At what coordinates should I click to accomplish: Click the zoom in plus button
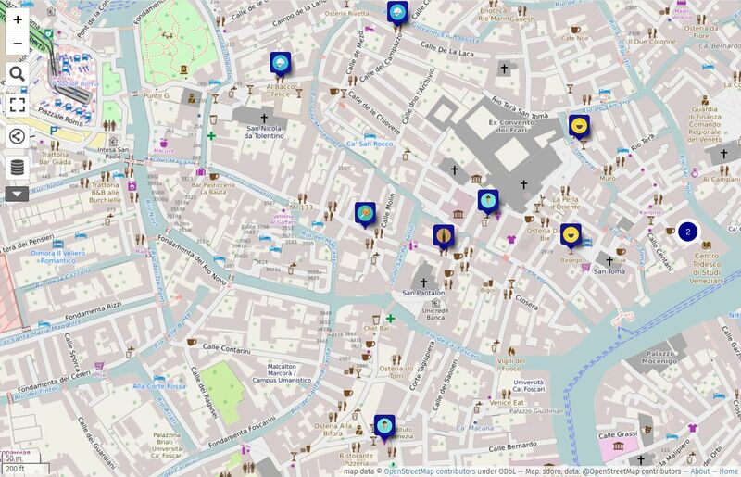[18, 19]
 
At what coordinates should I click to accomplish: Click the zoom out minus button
[18, 43]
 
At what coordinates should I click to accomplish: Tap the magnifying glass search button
[18, 73]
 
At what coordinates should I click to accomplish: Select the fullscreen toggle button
[18, 105]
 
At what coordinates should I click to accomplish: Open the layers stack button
[18, 168]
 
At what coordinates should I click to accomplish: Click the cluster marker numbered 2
[687, 232]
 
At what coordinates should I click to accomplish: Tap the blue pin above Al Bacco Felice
[281, 63]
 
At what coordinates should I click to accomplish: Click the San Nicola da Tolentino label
[262, 131]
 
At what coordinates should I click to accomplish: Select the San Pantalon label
[423, 294]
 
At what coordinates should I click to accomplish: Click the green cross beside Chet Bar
[391, 319]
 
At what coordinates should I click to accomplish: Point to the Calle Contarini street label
[223, 350]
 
